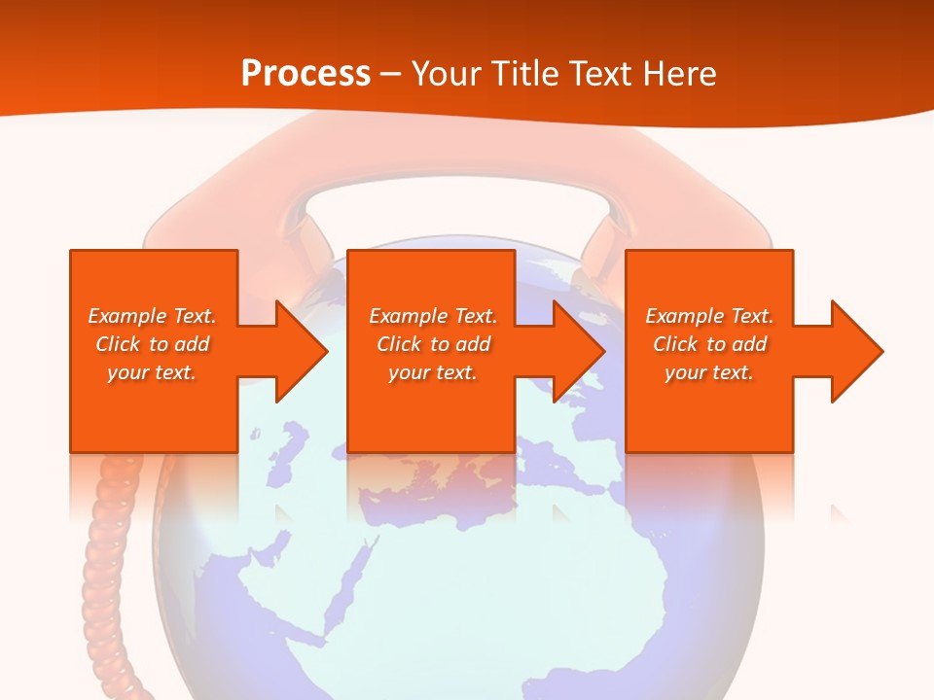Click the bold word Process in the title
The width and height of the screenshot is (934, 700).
click(305, 73)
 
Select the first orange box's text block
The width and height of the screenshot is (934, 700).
click(153, 344)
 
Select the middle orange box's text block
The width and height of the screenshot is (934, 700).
click(433, 344)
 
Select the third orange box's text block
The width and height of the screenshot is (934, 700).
click(709, 344)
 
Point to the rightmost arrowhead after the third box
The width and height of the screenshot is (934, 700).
click(855, 351)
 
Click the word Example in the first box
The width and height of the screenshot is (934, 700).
click(126, 316)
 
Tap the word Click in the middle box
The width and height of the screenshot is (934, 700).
click(397, 344)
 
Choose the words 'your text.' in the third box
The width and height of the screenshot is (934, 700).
click(709, 372)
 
